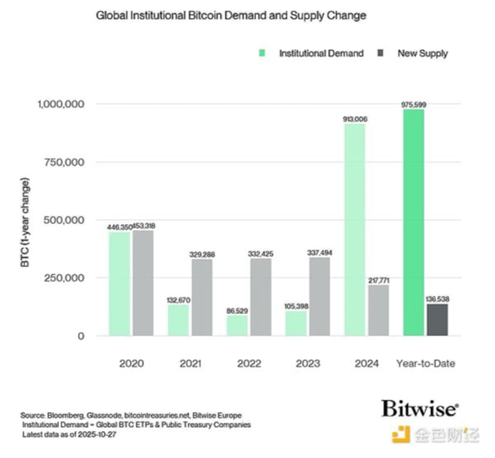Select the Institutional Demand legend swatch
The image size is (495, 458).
click(x=263, y=53)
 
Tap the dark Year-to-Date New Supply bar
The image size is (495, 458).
click(x=438, y=320)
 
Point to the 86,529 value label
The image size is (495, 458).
click(x=237, y=309)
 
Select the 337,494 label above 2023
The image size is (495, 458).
click(x=319, y=253)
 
